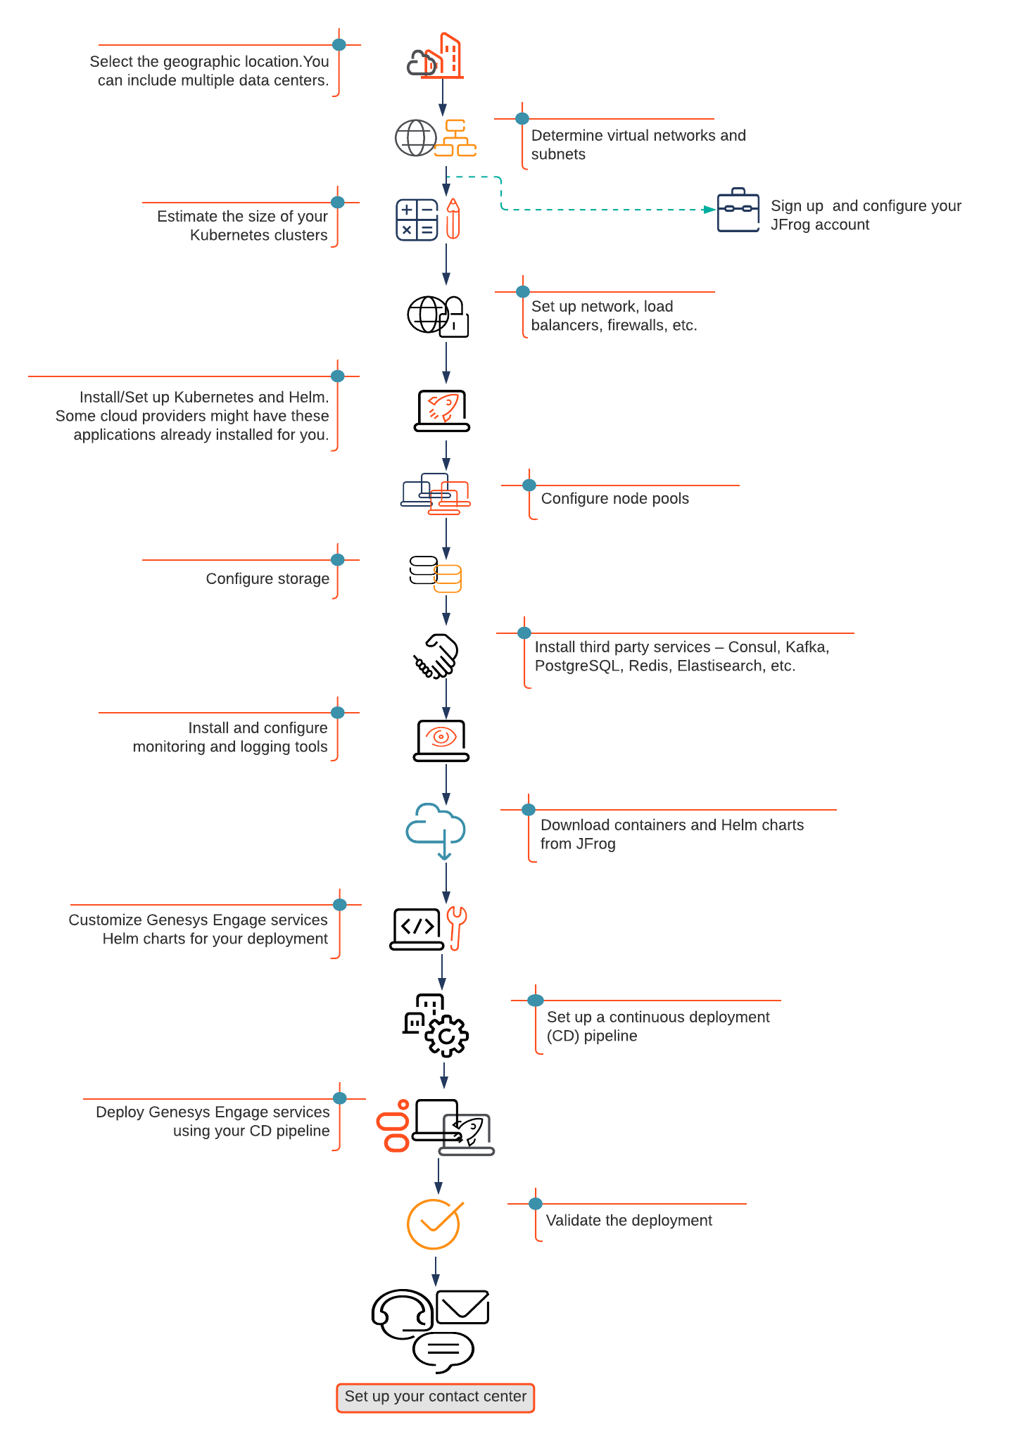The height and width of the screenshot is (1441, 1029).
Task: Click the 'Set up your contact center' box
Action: tap(436, 1397)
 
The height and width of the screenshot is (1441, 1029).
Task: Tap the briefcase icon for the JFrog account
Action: tap(738, 210)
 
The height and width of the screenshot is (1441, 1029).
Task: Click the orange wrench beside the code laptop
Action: tap(457, 927)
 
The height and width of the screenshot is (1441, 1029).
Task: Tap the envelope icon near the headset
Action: tap(462, 1307)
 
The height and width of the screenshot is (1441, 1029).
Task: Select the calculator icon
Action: tap(417, 220)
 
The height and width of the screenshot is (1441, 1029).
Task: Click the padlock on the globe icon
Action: tap(455, 317)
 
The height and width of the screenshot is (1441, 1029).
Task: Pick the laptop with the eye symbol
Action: tap(441, 740)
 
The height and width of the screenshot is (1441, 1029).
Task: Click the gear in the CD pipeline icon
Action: tap(447, 1036)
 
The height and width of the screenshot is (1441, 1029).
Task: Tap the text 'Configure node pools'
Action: tap(615, 499)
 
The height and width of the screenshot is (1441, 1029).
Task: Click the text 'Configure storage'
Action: tap(267, 579)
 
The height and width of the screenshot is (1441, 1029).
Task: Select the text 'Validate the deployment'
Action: tap(629, 1221)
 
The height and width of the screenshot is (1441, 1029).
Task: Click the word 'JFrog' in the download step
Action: tap(596, 844)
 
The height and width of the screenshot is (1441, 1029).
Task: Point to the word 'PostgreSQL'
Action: tap(579, 666)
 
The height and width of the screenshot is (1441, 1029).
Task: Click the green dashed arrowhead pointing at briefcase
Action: tap(709, 210)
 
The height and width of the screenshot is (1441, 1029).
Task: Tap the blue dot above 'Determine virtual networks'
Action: tap(522, 119)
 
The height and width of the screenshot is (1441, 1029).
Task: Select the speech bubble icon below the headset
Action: tap(443, 1352)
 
